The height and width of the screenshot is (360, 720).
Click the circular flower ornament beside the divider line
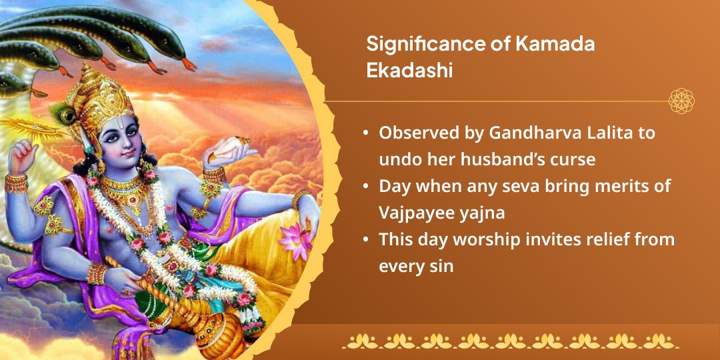(x=681, y=101)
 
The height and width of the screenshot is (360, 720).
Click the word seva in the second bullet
(x=501, y=186)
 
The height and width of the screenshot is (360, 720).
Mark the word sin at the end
(x=441, y=266)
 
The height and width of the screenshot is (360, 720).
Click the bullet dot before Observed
(x=366, y=133)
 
